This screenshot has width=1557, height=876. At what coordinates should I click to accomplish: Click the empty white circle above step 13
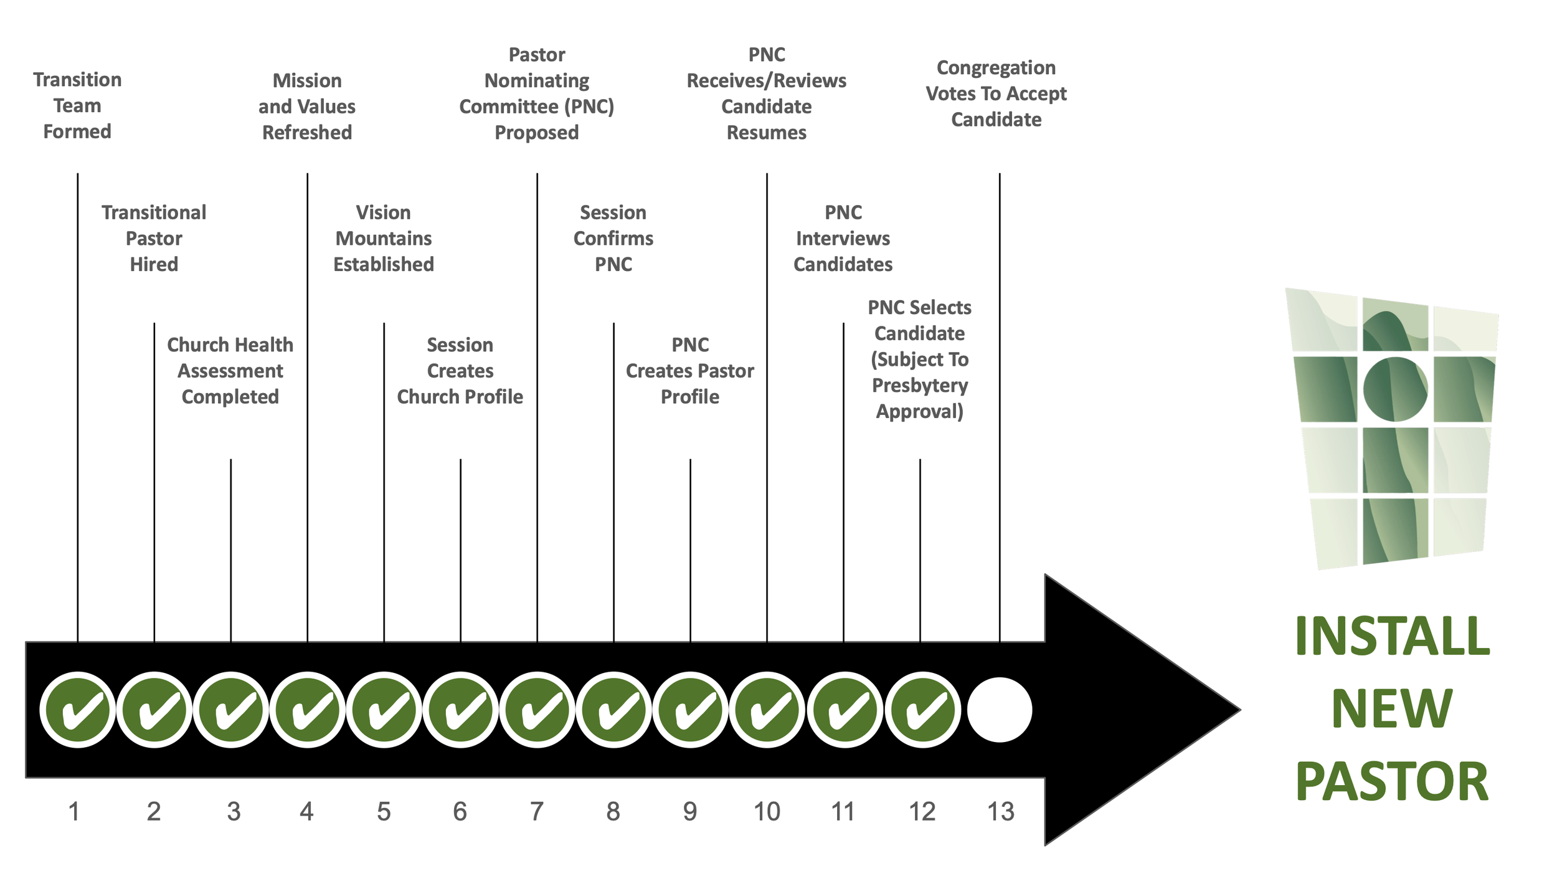999,710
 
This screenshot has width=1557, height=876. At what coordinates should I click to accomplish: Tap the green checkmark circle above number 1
78,710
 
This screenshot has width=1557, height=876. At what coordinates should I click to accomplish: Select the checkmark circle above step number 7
537,710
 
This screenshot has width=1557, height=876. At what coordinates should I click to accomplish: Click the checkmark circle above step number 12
922,710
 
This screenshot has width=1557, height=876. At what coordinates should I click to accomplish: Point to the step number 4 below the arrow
306,811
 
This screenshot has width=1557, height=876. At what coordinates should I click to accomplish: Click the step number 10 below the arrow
767,811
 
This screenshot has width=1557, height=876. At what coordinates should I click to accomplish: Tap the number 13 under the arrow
1001,811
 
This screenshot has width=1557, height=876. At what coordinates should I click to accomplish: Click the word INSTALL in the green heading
1392,636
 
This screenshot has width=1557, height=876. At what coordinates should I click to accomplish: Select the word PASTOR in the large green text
1392,781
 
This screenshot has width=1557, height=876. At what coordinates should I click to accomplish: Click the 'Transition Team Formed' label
77,105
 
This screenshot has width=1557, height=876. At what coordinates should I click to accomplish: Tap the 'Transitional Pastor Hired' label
154,238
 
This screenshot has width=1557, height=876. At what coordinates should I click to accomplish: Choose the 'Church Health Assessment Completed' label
230,371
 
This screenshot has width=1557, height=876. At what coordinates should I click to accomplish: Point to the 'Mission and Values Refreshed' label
307,107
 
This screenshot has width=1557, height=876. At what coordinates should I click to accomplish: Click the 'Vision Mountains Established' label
384,238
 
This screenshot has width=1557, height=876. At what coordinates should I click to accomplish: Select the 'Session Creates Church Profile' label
460,371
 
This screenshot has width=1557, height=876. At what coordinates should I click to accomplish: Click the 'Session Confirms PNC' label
613,238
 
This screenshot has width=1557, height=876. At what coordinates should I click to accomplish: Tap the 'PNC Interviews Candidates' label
843,238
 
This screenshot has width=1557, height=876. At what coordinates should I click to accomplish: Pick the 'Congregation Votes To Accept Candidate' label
996,93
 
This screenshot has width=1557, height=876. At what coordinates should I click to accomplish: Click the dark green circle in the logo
1395,389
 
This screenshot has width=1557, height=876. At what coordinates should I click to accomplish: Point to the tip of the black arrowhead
1240,710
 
